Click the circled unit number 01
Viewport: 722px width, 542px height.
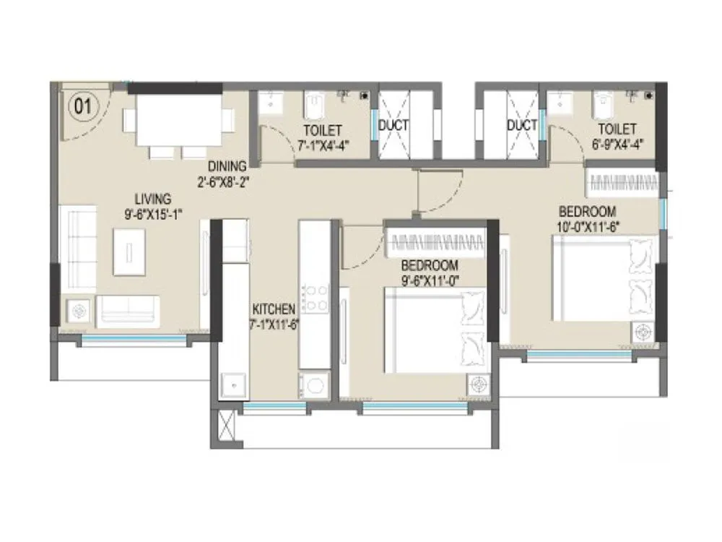pos(82,107)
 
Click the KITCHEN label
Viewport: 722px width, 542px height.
pos(273,307)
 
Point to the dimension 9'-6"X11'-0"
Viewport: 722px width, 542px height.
pos(431,275)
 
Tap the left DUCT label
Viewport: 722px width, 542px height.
pos(393,125)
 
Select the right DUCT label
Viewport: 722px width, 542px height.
pos(521,125)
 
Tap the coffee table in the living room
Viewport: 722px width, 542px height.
pos(129,251)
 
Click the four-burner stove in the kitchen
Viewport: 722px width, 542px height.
pos(316,298)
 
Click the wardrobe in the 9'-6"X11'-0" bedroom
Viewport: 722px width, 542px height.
pos(435,241)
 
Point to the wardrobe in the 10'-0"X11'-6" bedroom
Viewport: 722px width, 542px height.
pos(620,181)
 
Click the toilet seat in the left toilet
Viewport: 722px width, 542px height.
pos(314,107)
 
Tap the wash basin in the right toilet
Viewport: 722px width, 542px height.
pos(559,103)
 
